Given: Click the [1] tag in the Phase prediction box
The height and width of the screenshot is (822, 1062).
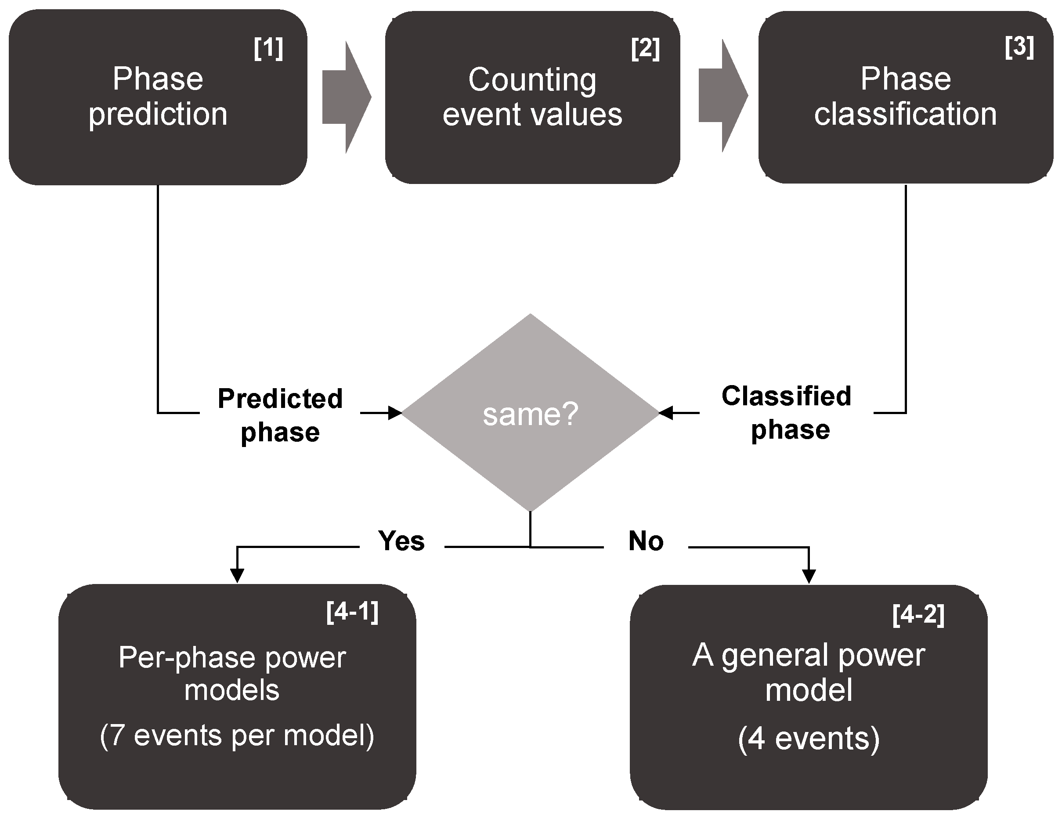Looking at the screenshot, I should pos(268,49).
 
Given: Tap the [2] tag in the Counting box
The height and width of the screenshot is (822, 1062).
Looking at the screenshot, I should pos(645,49).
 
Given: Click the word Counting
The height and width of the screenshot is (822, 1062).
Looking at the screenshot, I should pos(532,80).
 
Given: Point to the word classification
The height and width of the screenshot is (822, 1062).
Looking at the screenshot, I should pos(906,115).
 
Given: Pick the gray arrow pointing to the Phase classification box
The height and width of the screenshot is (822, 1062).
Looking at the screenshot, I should pos(723,96).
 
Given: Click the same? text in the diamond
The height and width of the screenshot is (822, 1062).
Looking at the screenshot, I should pos(530,415).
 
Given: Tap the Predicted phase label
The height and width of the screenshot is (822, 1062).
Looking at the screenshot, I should pos(280,415).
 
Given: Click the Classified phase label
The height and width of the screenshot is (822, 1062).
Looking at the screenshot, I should pos(787,413).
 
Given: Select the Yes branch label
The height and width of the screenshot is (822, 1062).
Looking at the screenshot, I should pos(401,541).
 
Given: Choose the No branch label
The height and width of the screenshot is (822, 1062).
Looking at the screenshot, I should pos(646,541).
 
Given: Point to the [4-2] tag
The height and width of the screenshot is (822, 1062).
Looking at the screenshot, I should pos(918,615).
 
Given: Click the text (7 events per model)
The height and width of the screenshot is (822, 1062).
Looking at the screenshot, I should pos(237,735).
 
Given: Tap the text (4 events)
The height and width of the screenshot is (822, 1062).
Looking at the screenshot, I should pos(809,739).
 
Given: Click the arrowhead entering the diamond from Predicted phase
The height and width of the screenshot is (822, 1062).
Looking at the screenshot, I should pos(395,413).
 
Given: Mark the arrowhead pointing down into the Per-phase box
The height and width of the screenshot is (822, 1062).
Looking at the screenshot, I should pos(237,576).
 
